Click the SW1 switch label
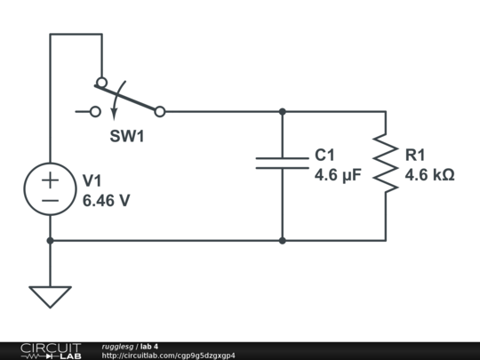coord(126,137)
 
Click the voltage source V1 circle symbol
coord(50,190)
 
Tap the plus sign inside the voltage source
coord(50,180)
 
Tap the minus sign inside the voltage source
coord(50,202)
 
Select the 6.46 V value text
coord(106,201)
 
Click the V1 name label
coord(92,180)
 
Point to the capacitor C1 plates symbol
coord(282,163)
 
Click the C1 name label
coord(324,156)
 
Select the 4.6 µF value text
coord(338,175)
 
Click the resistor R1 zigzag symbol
coord(385,163)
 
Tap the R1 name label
coord(415,156)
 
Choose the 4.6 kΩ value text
coord(429,175)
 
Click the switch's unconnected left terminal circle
coord(95,112)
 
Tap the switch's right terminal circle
coord(160,112)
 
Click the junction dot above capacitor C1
coord(282,112)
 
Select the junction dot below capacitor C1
coord(282,240)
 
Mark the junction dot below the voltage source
coord(50,240)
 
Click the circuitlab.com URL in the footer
coord(168,356)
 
